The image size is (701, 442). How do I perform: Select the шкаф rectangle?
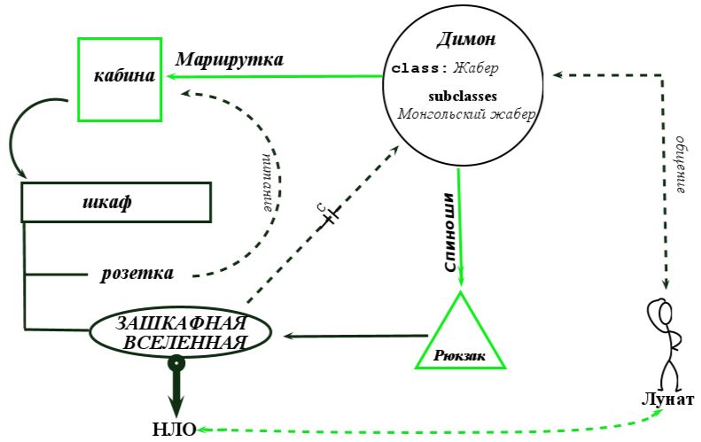115,203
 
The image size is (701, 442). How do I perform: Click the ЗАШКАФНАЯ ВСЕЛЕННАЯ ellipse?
180,332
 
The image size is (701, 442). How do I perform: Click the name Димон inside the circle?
465,40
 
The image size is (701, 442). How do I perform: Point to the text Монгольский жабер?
467,113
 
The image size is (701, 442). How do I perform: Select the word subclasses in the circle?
462,96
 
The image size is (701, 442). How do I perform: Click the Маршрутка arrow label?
230,60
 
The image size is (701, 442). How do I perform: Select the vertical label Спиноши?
449,232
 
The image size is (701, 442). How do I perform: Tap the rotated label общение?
681,165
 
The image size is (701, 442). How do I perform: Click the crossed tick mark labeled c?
329,214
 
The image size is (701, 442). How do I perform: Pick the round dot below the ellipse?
177,361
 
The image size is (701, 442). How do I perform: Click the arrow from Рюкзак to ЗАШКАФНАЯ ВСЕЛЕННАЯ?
354,336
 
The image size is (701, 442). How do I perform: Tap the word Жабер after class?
476,67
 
